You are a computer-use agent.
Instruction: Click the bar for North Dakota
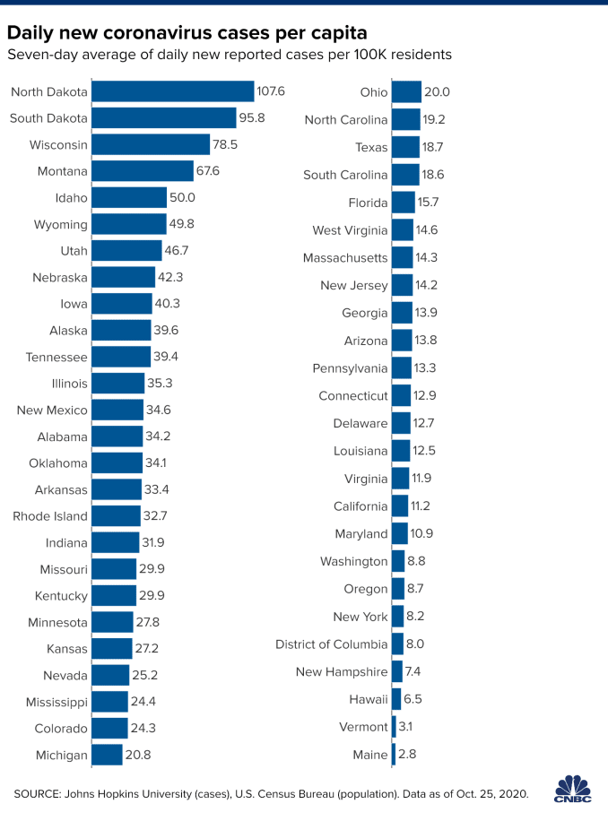(173, 91)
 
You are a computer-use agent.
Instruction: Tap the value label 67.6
(212, 171)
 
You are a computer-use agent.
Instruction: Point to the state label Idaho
(71, 198)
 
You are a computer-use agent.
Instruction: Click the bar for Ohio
(406, 91)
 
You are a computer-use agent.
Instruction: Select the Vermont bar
(394, 727)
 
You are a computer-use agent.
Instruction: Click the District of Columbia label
(332, 644)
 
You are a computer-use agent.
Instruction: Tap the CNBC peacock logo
(573, 788)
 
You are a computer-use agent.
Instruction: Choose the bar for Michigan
(107, 755)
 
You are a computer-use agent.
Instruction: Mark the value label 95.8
(250, 118)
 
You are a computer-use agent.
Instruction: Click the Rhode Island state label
(50, 516)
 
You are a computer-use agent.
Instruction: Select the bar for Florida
(404, 203)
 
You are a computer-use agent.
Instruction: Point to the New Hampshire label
(342, 672)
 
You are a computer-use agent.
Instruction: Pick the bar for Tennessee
(121, 357)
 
